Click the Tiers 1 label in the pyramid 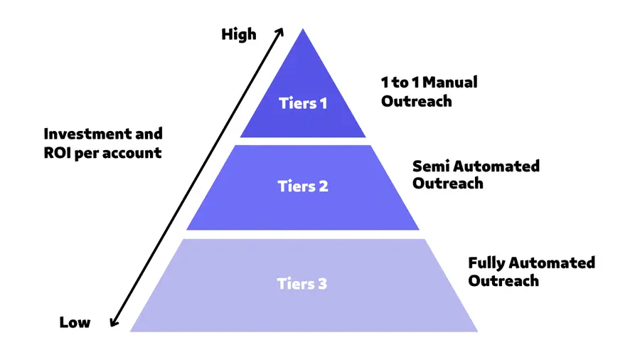303,103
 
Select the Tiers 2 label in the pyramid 303,187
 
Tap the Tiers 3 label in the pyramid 302,284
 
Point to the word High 239,34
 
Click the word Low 75,322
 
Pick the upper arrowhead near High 279,31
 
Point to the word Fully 487,263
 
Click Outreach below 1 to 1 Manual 416,100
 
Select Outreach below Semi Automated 448,184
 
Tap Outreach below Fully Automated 503,280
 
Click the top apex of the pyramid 303,31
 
